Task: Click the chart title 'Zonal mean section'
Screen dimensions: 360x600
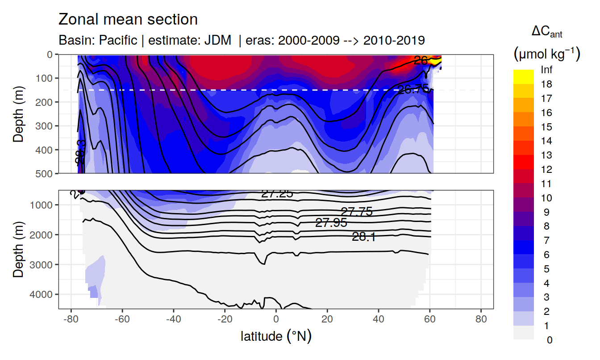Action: pyautogui.click(x=128, y=20)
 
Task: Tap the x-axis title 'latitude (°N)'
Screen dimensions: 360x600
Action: pyautogui.click(x=276, y=336)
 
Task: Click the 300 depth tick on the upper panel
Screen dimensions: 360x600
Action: pyautogui.click(x=44, y=126)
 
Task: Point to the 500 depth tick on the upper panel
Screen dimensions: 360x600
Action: pyautogui.click(x=44, y=173)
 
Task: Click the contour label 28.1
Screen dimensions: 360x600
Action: pyautogui.click(x=364, y=237)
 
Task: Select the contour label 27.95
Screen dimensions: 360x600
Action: pyautogui.click(x=331, y=223)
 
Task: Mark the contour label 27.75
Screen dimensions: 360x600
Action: pyautogui.click(x=357, y=212)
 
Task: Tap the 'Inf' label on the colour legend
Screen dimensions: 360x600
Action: pyautogui.click(x=546, y=70)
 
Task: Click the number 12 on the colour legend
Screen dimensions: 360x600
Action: pyautogui.click(x=546, y=170)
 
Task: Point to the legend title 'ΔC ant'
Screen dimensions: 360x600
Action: pyautogui.click(x=547, y=32)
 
